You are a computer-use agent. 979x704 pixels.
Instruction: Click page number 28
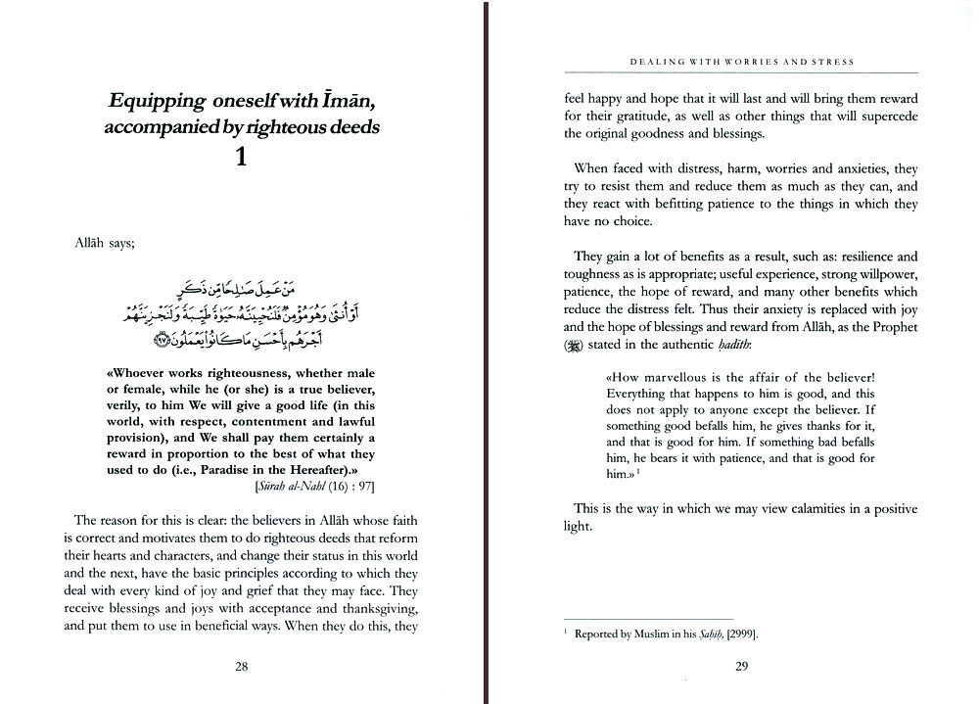(241, 667)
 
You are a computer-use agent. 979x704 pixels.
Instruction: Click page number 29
(741, 667)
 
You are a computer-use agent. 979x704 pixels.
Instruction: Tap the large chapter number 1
(241, 157)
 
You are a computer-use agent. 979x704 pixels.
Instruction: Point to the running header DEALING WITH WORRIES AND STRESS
(741, 62)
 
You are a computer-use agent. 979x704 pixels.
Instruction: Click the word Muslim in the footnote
(658, 634)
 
